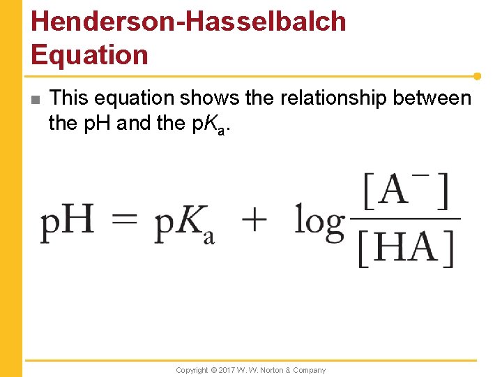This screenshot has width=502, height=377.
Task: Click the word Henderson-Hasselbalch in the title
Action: tap(188, 21)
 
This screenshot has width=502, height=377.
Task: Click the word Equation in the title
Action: tap(90, 54)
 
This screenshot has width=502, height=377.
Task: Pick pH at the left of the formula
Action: tap(67, 222)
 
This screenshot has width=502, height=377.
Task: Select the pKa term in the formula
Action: tap(185, 223)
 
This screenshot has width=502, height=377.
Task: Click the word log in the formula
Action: tap(319, 222)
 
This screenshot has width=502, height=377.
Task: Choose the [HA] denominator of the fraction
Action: tap(406, 248)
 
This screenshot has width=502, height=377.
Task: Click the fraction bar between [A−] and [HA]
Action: tap(406, 219)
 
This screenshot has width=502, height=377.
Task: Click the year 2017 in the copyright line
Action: tap(227, 370)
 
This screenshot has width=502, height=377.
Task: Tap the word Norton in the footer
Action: tap(273, 370)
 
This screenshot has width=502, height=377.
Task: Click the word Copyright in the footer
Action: tap(192, 370)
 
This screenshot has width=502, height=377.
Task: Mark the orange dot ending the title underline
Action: tap(478, 75)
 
